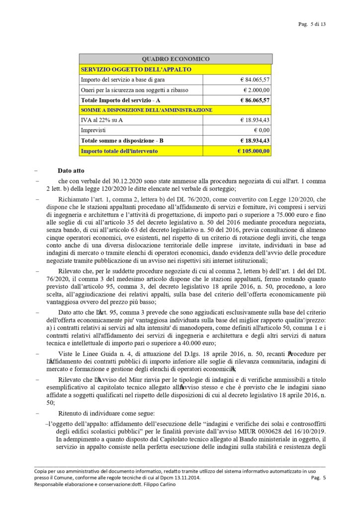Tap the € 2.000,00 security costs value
[x=256, y=90]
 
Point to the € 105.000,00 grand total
[x=253, y=151]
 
